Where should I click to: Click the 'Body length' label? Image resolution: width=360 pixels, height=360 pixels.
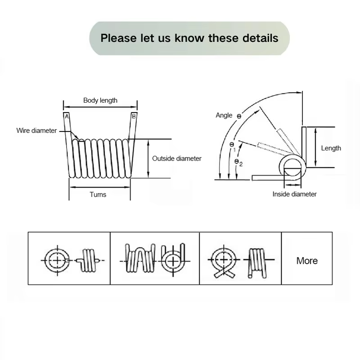(x=100, y=100)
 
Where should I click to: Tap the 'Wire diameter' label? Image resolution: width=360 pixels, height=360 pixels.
(x=36, y=130)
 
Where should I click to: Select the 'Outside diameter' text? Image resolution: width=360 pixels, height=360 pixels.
(x=176, y=158)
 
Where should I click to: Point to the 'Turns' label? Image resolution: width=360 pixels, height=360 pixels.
(x=98, y=194)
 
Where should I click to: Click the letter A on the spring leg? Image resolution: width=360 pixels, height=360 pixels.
(x=67, y=117)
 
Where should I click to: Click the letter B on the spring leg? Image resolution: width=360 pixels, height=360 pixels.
(x=134, y=117)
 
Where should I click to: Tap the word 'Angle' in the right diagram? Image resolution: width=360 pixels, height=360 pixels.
(x=224, y=115)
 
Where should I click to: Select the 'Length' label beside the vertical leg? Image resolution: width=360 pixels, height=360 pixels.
(x=331, y=148)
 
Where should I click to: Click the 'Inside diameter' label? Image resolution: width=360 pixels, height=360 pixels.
(x=294, y=194)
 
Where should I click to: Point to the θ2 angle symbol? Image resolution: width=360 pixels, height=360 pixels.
(x=238, y=162)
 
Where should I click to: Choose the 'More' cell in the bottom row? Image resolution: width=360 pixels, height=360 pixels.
(x=307, y=261)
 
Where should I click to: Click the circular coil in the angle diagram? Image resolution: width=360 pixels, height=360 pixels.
(x=292, y=167)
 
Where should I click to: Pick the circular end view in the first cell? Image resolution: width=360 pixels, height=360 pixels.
(x=57, y=260)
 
